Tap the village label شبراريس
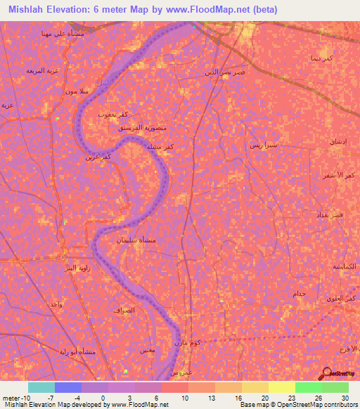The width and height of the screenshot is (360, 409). (264, 145)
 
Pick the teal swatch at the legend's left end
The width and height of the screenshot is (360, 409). (41, 387)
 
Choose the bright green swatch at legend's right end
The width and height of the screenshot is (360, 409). (335, 387)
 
